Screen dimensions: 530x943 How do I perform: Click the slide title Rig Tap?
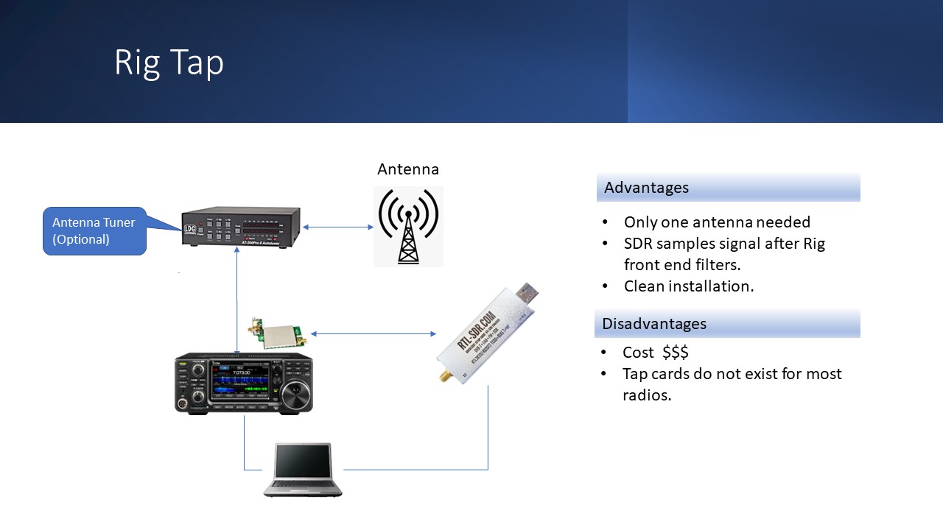click(169, 63)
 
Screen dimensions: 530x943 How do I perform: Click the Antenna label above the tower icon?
click(407, 169)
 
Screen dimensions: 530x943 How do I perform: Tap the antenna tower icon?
click(408, 226)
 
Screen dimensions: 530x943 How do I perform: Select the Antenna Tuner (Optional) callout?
click(94, 231)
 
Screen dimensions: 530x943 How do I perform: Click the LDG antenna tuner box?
click(241, 229)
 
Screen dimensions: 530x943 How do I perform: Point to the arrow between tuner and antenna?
click(338, 227)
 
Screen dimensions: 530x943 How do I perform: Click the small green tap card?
click(281, 334)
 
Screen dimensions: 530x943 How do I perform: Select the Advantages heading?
click(646, 188)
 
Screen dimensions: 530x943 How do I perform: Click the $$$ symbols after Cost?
click(675, 352)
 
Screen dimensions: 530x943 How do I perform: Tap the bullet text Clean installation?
click(688, 286)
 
